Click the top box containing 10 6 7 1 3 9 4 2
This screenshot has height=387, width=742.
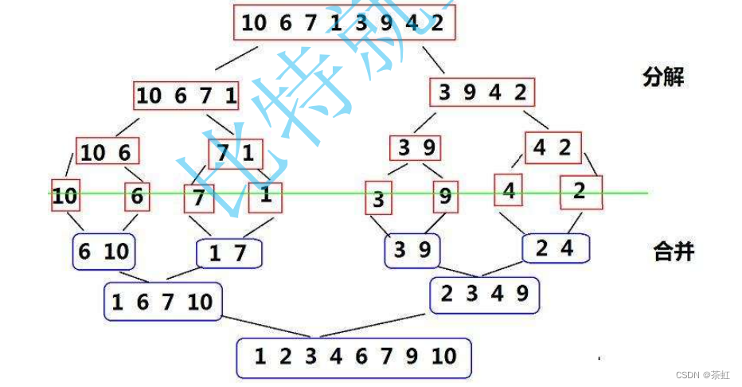344,22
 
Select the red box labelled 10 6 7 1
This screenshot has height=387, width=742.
186,96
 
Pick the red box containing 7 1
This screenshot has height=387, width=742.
236,151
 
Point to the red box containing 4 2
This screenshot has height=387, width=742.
553,148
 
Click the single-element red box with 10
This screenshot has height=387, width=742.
64,196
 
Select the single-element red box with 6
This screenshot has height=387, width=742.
137,196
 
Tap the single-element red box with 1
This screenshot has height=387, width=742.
266,196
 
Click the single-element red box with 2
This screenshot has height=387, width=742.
580,191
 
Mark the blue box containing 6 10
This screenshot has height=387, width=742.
103,252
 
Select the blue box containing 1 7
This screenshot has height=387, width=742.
229,254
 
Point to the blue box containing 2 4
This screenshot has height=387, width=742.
555,248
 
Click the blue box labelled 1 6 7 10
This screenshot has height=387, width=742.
162,302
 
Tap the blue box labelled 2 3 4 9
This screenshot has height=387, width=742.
484,295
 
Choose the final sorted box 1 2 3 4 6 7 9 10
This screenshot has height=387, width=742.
353,357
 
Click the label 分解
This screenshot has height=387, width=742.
663,77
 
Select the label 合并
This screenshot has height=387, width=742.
674,252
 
